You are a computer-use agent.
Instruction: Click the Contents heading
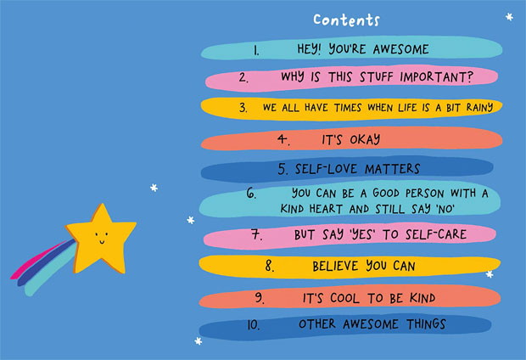tap(346, 20)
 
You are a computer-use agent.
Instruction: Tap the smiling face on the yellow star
tap(101, 238)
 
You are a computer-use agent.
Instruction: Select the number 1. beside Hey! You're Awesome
tap(256, 50)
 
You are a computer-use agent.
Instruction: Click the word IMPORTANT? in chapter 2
tap(436, 77)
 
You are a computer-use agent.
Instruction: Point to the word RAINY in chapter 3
tap(479, 108)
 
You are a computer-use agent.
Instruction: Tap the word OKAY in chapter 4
tap(365, 139)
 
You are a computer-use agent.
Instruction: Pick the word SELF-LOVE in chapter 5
tap(326, 169)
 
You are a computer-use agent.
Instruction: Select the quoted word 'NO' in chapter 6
tap(445, 209)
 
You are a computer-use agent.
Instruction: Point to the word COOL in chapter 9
tap(344, 298)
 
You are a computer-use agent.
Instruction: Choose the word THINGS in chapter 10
tap(426, 324)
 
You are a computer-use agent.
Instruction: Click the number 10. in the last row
tap(254, 324)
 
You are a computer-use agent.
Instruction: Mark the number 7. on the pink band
tap(257, 234)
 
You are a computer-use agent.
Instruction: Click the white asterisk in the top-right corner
tap(509, 16)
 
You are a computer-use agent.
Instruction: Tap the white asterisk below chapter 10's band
tap(199, 341)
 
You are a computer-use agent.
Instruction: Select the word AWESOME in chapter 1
tap(401, 49)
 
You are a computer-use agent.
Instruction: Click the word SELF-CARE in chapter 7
tap(436, 234)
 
